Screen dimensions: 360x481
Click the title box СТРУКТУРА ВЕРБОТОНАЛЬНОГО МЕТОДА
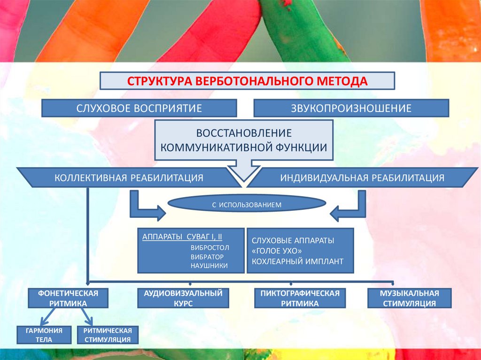point(247,80)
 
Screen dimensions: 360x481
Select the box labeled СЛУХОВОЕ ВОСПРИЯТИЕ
point(139,108)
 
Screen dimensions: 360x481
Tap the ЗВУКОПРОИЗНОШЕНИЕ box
point(351,108)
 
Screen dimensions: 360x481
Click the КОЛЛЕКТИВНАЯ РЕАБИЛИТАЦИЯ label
point(129,178)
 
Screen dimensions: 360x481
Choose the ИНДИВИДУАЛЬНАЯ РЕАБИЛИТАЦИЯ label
point(362,178)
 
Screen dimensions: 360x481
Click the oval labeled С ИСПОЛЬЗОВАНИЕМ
point(247,205)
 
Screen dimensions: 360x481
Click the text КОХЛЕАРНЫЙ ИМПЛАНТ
point(297,261)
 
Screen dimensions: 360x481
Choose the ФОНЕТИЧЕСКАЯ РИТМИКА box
point(68,298)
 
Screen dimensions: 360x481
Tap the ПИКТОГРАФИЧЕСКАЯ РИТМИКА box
point(300,298)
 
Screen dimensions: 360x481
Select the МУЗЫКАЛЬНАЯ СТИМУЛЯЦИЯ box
point(409,298)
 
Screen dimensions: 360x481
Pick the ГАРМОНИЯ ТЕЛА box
point(46,335)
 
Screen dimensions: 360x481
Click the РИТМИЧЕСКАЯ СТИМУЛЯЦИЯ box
point(107,335)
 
